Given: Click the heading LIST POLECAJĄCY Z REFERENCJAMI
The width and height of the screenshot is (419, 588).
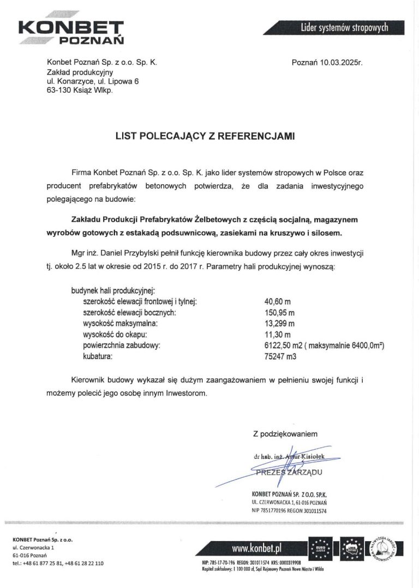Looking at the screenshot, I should click(205, 137).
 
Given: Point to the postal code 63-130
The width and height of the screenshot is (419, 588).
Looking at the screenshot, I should click(59, 90).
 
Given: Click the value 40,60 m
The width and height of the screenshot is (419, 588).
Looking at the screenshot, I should click(278, 300).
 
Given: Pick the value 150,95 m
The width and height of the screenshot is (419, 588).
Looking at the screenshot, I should click(280, 313).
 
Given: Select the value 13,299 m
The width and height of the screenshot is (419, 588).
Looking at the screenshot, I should click(279, 324).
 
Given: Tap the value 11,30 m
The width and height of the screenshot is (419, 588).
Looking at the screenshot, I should click(278, 335).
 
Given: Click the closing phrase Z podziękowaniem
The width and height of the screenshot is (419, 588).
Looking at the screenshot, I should click(284, 434).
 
